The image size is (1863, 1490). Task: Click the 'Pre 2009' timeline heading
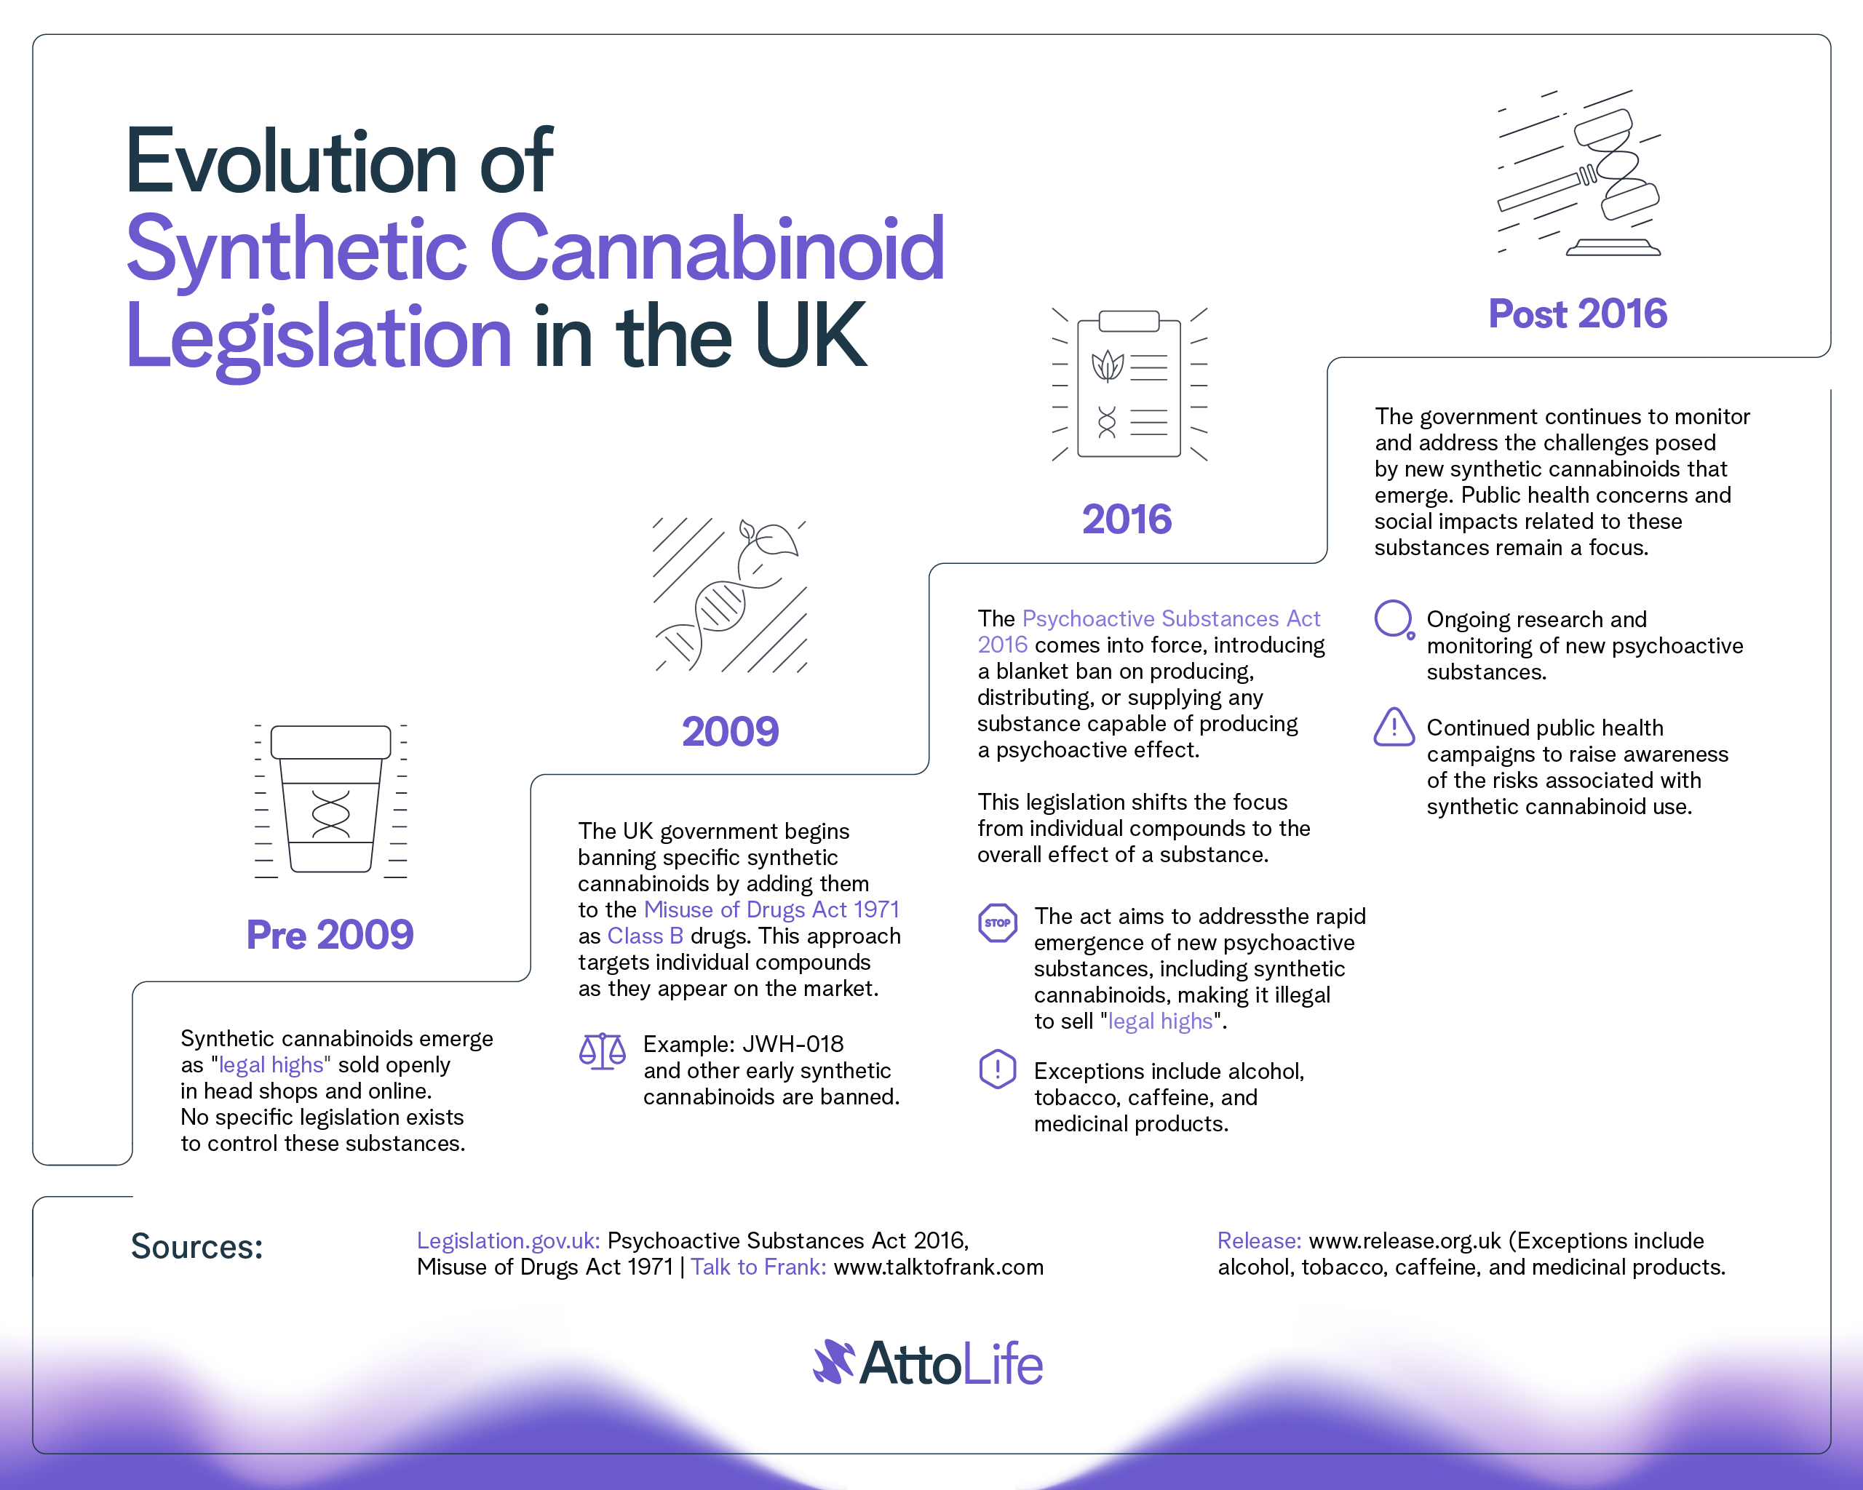pyautogui.click(x=330, y=935)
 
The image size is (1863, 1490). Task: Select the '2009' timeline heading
pyautogui.click(x=730, y=732)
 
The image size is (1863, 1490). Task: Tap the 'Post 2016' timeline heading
pyautogui.click(x=1578, y=313)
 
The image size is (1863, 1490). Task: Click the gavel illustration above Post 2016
pyautogui.click(x=1578, y=172)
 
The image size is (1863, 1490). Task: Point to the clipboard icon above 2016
pyautogui.click(x=1129, y=384)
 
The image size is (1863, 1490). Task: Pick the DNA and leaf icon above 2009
pyautogui.click(x=730, y=595)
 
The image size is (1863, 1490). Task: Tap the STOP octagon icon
pyautogui.click(x=997, y=923)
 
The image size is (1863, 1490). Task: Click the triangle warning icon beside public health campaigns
pyautogui.click(x=1394, y=728)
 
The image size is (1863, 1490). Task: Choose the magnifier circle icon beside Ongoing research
pyautogui.click(x=1394, y=619)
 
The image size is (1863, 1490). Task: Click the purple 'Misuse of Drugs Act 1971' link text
pyautogui.click(x=771, y=909)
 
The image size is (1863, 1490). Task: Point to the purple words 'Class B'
pyautogui.click(x=646, y=936)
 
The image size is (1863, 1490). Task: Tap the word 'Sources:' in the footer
pyautogui.click(x=197, y=1246)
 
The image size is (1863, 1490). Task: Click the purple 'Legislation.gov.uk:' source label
pyautogui.click(x=508, y=1241)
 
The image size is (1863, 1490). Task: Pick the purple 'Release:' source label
pyautogui.click(x=1259, y=1241)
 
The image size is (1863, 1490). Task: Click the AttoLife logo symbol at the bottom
pyautogui.click(x=834, y=1362)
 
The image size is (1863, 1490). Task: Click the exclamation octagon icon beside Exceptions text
pyautogui.click(x=997, y=1069)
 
